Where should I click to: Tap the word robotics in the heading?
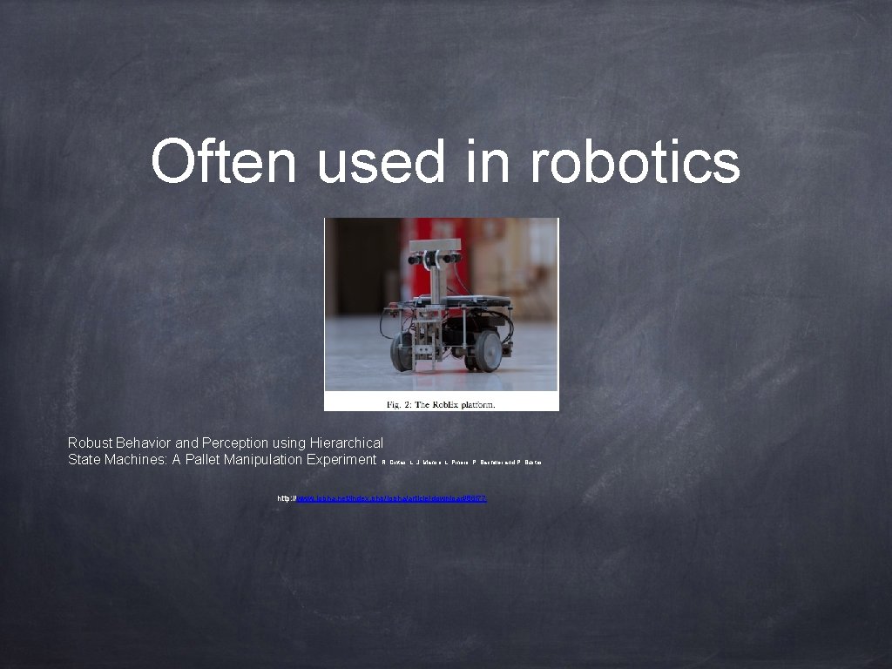click(635, 162)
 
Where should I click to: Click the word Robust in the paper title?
click(90, 443)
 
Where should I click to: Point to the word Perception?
click(233, 443)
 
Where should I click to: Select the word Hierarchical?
click(346, 443)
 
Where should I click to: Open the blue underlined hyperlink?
click(392, 498)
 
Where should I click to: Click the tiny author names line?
click(462, 462)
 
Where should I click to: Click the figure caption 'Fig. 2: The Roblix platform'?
click(441, 403)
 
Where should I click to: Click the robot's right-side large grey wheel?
click(489, 351)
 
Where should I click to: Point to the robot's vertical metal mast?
click(435, 279)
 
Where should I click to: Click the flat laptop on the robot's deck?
click(477, 301)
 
